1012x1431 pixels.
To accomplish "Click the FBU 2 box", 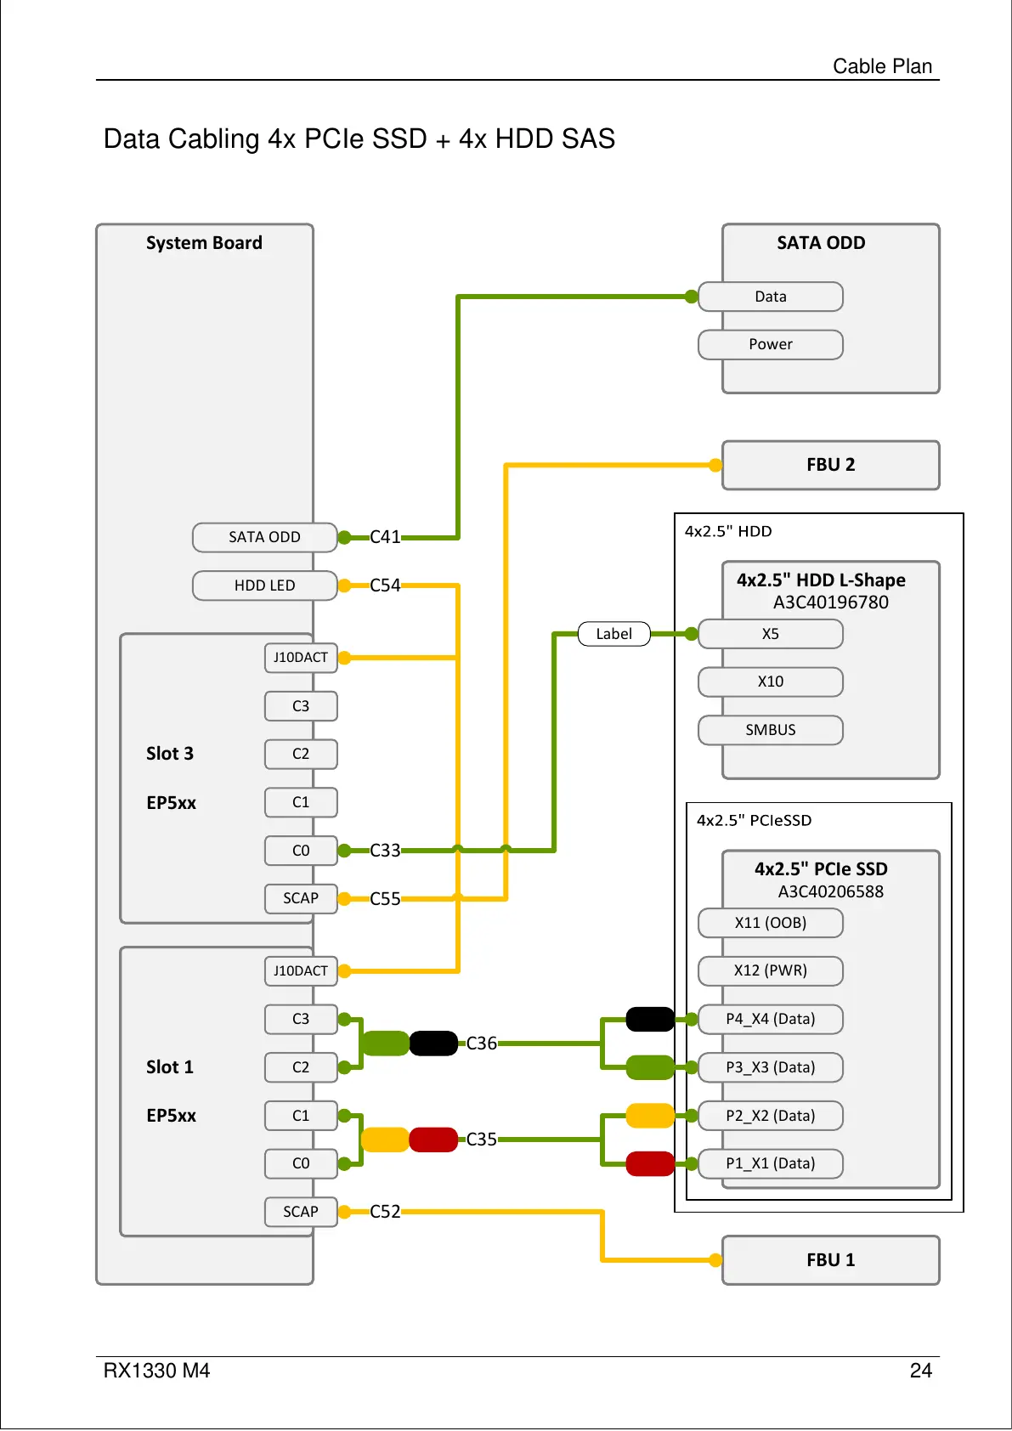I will coord(830,465).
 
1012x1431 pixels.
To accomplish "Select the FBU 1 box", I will coord(830,1260).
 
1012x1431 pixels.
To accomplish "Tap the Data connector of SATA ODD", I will coord(770,297).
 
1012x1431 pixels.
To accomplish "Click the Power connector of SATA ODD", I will coord(770,344).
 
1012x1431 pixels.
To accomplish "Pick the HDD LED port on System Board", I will coord(264,585).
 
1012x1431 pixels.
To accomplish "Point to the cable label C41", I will coord(385,537).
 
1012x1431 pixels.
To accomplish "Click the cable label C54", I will coord(385,585).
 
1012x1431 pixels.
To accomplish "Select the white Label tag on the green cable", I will coord(613,634).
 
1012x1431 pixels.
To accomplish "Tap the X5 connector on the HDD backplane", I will coord(770,634).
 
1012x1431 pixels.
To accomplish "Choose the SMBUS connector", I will coord(770,730).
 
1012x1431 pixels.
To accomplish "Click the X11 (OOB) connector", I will coord(770,923).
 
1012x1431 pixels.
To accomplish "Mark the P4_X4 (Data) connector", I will coord(770,1019).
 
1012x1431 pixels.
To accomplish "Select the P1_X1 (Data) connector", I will coord(770,1163).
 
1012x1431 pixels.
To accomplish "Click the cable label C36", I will coord(482,1044).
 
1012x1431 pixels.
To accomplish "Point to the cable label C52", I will coord(385,1212).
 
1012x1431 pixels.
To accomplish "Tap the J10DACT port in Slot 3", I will coord(301,658).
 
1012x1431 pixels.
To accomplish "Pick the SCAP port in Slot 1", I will coord(301,1212).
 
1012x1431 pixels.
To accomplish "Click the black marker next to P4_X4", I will coord(650,1019).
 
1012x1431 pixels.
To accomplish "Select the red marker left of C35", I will coord(433,1140).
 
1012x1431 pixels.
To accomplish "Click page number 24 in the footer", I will coord(920,1371).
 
